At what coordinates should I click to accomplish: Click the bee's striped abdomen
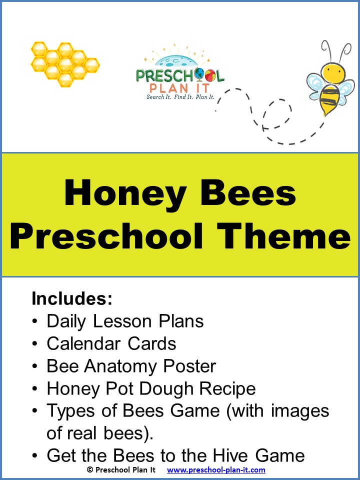click(x=330, y=98)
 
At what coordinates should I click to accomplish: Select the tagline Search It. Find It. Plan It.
click(x=180, y=97)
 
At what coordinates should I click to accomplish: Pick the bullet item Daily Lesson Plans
click(x=125, y=321)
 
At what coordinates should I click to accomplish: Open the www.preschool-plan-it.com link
click(x=216, y=470)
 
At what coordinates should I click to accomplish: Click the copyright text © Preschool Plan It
click(x=121, y=470)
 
